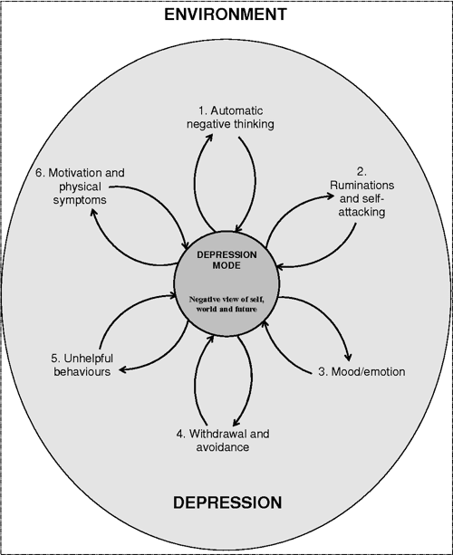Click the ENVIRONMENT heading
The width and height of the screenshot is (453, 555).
pyautogui.click(x=226, y=14)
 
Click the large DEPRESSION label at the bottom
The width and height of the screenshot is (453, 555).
pyautogui.click(x=226, y=502)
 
